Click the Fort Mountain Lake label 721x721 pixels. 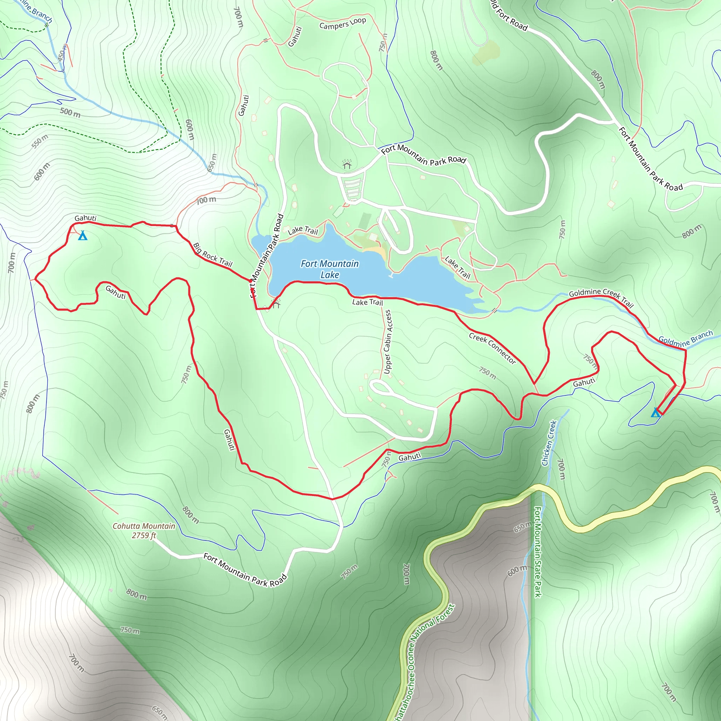[x=330, y=269]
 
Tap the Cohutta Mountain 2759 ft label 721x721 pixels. [x=144, y=531]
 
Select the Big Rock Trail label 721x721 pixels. [x=212, y=255]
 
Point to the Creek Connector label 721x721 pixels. [x=492, y=348]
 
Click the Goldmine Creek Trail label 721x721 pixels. [x=601, y=297]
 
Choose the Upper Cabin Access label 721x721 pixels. [x=388, y=341]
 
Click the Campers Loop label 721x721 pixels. [x=343, y=23]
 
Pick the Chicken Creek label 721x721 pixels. [x=549, y=443]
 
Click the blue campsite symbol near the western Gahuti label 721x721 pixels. [x=82, y=236]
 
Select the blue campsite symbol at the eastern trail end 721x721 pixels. [x=656, y=412]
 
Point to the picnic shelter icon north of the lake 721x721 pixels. [x=347, y=164]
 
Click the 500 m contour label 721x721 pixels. [x=70, y=112]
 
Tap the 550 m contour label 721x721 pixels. [x=40, y=142]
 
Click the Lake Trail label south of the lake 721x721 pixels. [x=367, y=302]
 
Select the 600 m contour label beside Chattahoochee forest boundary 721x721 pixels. [x=517, y=571]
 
